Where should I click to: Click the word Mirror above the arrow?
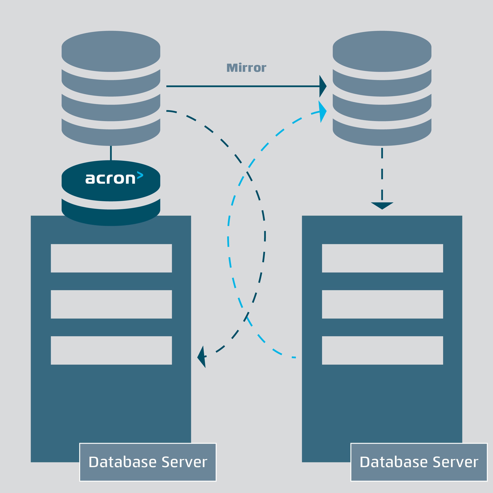coord(246,68)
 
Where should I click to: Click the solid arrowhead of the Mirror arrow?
coord(322,86)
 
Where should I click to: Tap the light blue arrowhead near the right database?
coord(322,111)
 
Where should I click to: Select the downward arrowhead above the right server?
coord(382,205)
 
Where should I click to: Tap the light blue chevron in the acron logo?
coord(140,175)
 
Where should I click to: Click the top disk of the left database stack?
coord(111,51)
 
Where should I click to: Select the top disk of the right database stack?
coord(382,51)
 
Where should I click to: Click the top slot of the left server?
coord(111,258)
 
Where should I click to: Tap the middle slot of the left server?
coord(111,304)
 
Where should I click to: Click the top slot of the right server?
coord(383,258)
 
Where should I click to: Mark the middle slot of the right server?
coord(383,304)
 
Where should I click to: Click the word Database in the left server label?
coord(123,462)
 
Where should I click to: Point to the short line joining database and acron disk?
coord(111,153)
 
